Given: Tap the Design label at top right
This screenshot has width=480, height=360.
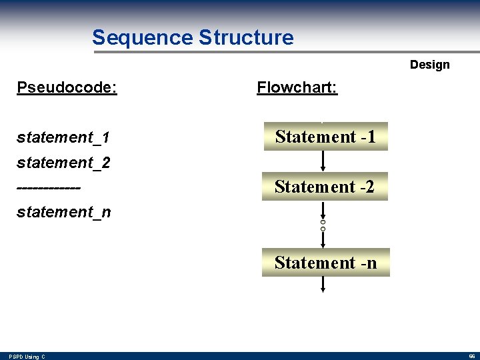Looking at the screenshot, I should point(429,65).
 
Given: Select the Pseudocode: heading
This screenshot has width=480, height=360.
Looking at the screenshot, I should point(67,87).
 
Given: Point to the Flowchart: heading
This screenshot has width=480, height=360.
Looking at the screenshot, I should point(297,87).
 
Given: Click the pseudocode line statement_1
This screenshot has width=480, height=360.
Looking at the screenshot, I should point(63,138).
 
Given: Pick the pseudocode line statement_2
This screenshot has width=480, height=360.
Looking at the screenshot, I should point(63,163).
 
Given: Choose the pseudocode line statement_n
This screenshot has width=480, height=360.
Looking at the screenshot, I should point(63,213).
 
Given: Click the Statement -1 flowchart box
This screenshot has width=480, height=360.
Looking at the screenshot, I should point(325,137).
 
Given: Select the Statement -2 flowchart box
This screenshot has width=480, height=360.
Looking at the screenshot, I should point(325,187).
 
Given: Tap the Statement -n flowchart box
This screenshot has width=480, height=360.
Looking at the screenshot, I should point(325,263).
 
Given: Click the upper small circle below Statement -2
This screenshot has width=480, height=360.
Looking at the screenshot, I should point(323,221).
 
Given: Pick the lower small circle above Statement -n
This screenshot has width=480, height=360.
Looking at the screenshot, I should point(323,229).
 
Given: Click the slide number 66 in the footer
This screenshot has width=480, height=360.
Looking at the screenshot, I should point(470,357).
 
